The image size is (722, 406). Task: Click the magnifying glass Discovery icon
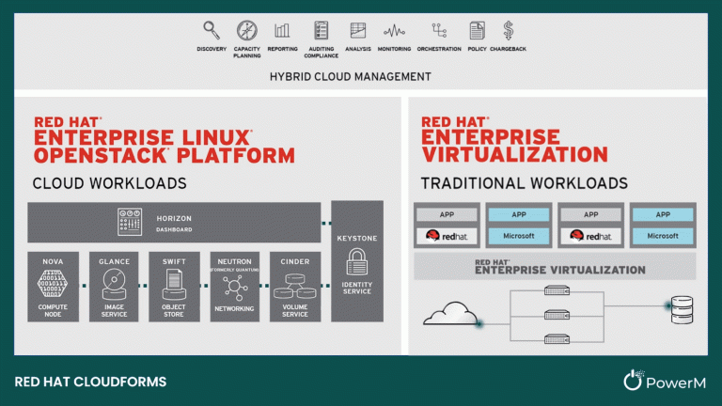(x=212, y=30)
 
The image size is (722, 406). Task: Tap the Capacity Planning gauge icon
(x=247, y=30)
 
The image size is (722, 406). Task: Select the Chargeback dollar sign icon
(x=509, y=30)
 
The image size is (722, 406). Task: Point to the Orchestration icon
(x=439, y=30)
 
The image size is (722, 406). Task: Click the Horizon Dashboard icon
(x=129, y=222)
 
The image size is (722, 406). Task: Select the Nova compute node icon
(x=53, y=281)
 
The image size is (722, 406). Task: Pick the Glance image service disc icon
(x=114, y=281)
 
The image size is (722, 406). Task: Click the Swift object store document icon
(x=173, y=281)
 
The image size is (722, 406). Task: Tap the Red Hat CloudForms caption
(x=91, y=382)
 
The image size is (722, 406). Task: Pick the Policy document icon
(x=477, y=30)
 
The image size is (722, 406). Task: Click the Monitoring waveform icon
(x=395, y=30)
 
